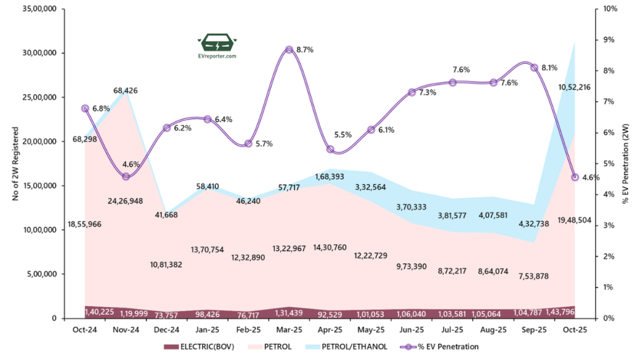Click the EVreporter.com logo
(217, 47)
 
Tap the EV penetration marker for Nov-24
(125, 176)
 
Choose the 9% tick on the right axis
(609, 39)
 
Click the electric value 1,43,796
(566, 311)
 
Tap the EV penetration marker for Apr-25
(331, 150)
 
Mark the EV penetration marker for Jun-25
(412, 93)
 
